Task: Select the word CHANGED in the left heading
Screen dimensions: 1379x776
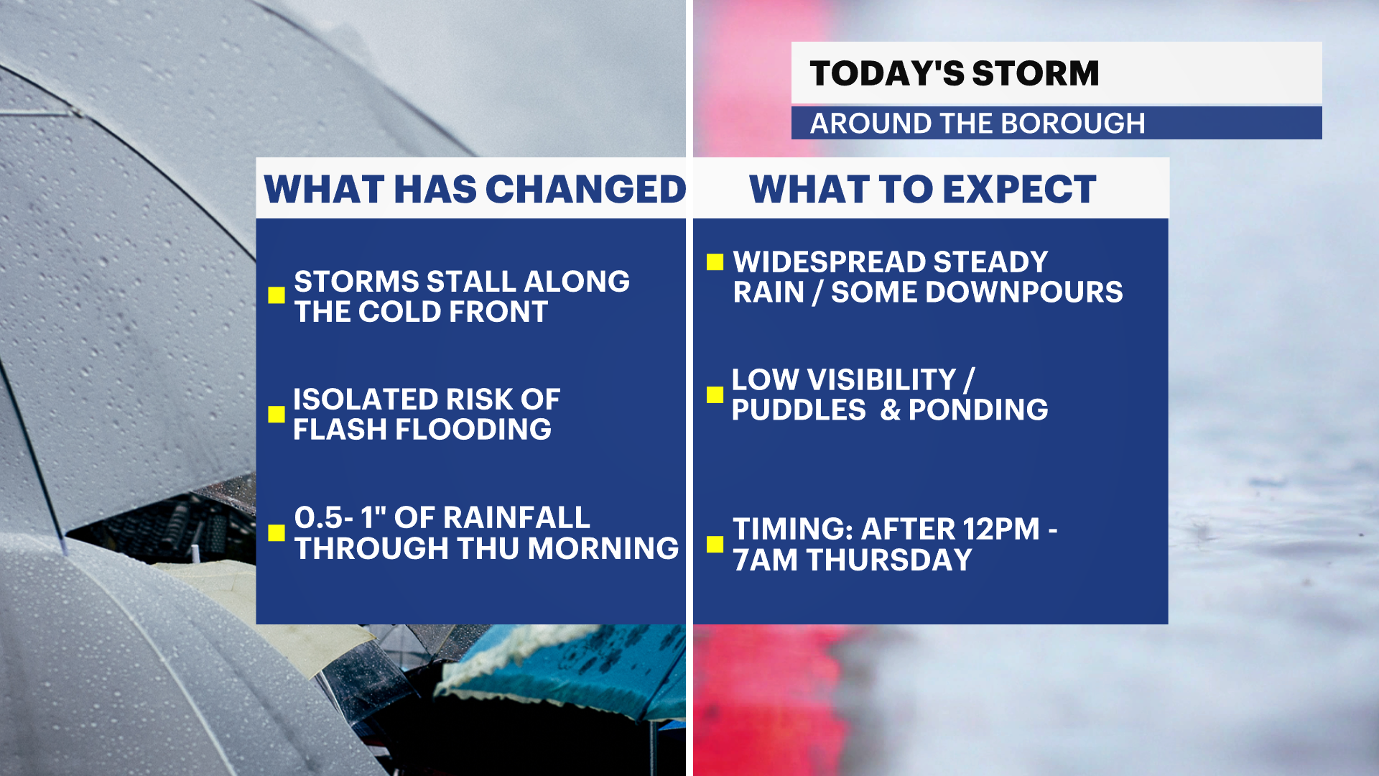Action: pyautogui.click(x=586, y=190)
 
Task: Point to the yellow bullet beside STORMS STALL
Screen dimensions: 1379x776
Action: pyautogui.click(x=277, y=295)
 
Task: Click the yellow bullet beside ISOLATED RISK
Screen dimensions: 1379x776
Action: pyautogui.click(x=277, y=414)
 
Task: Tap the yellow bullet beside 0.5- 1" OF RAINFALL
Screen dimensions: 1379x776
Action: pyautogui.click(x=277, y=532)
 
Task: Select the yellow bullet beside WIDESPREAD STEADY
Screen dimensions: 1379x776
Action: pyautogui.click(x=715, y=262)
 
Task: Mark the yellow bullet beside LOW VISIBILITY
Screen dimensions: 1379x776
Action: pyautogui.click(x=715, y=394)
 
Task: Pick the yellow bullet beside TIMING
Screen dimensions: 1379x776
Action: pyautogui.click(x=715, y=544)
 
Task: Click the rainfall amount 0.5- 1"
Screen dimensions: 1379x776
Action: pyautogui.click(x=340, y=517)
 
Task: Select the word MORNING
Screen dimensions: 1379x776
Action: pyautogui.click(x=603, y=548)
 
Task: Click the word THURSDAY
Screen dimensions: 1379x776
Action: pyautogui.click(x=890, y=560)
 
